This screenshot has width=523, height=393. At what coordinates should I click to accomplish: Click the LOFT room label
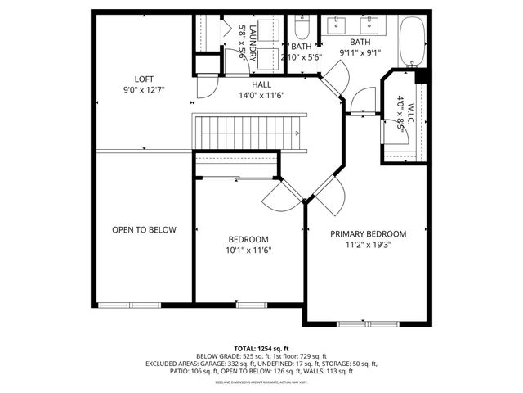click(144, 79)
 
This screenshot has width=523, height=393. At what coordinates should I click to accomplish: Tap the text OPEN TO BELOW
click(144, 230)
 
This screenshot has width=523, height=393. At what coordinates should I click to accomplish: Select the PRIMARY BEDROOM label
click(368, 233)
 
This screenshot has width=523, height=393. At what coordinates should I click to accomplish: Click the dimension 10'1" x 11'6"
click(249, 251)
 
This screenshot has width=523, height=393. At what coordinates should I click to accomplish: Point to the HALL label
click(261, 84)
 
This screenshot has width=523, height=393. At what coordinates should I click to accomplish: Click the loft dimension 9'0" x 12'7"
click(144, 90)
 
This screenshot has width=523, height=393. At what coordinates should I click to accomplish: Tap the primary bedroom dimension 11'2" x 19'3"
click(368, 244)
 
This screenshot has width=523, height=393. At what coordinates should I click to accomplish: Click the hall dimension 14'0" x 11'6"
click(261, 95)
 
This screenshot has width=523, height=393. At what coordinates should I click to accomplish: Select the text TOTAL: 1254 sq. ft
click(261, 348)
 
